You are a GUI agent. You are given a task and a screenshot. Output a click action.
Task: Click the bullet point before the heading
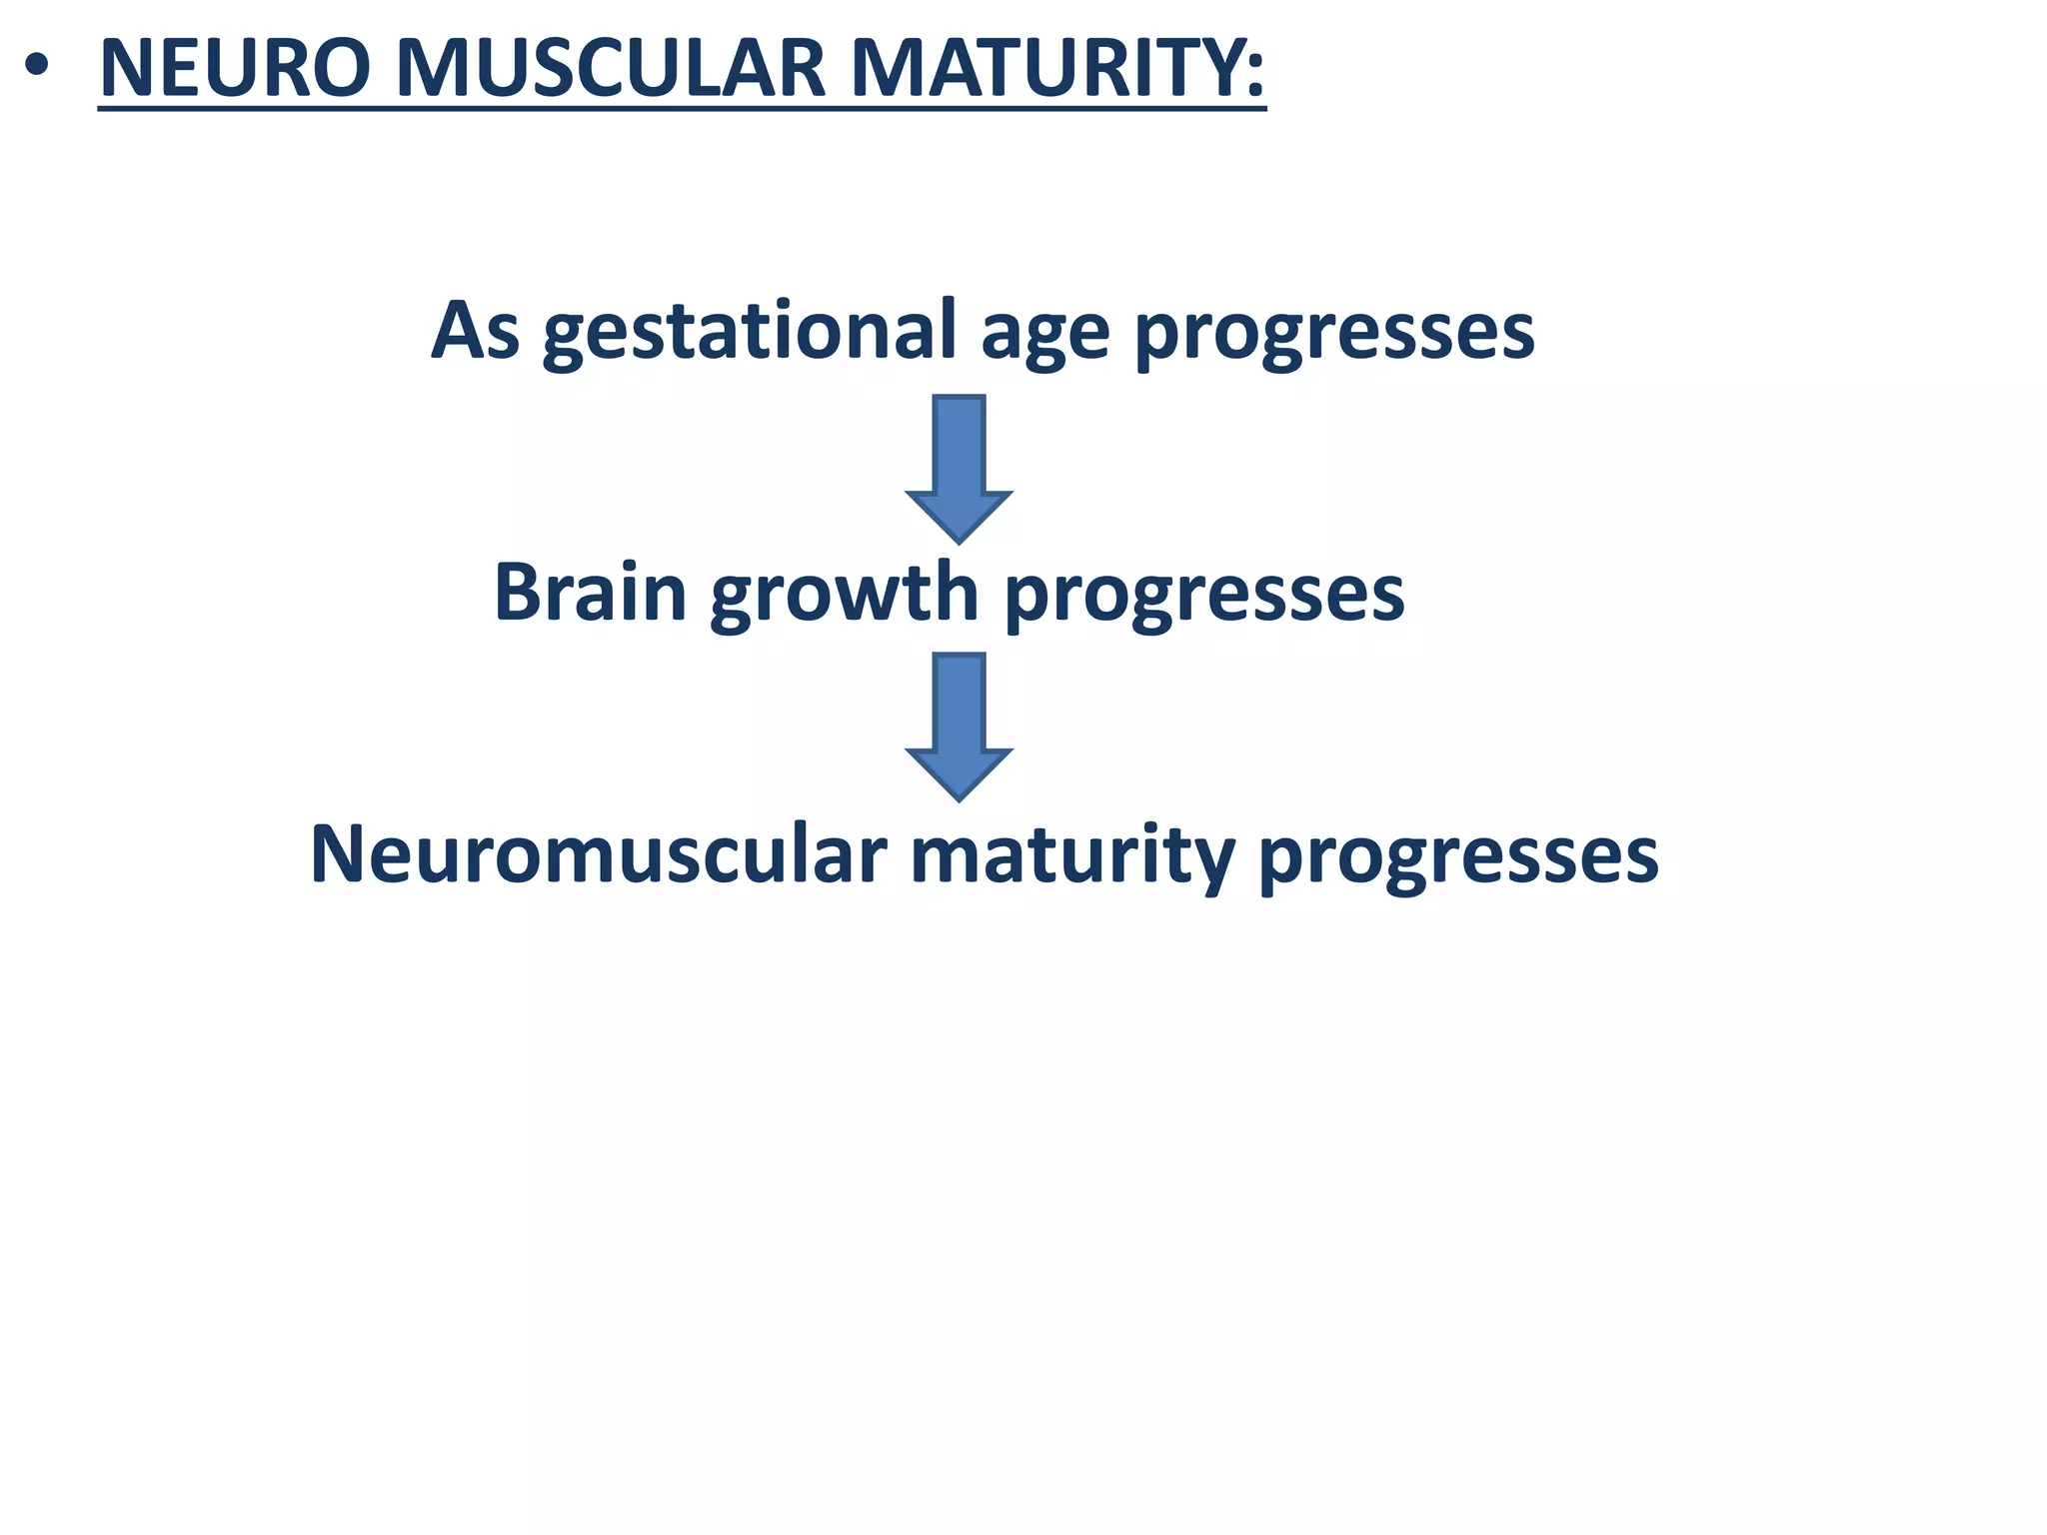pyautogui.click(x=37, y=69)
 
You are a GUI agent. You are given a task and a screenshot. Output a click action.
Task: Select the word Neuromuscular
pyautogui.click(x=599, y=855)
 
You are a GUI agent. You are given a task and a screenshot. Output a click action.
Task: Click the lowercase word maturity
pyautogui.click(x=1072, y=857)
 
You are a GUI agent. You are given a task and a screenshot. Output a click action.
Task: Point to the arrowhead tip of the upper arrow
pyautogui.click(x=960, y=540)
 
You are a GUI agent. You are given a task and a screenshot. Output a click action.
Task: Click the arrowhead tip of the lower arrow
pyautogui.click(x=960, y=797)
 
